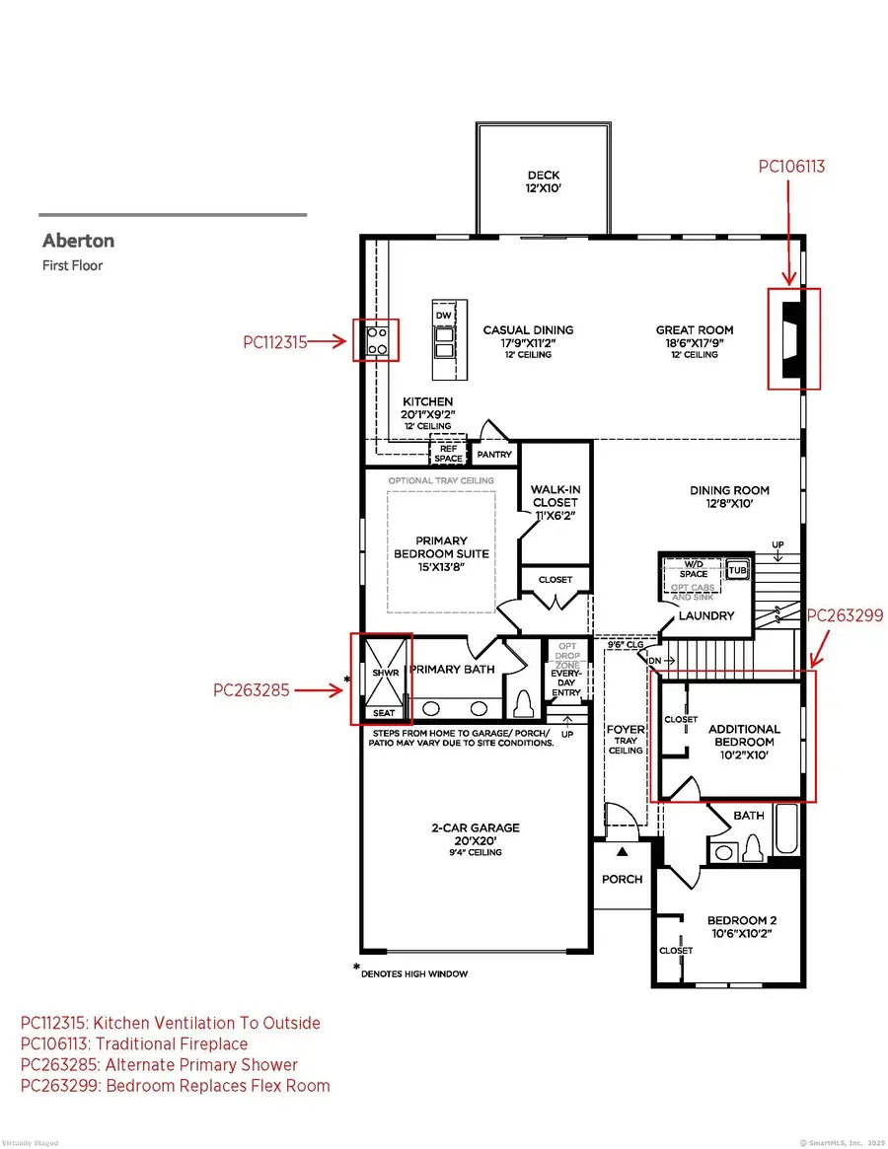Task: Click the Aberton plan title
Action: coord(78,241)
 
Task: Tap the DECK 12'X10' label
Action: coord(543,182)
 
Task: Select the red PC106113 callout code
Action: coord(791,168)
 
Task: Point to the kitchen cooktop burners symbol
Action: coord(377,340)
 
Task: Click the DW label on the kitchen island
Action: coord(444,315)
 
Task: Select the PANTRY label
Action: coord(493,455)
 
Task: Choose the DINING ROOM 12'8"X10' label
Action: coord(729,496)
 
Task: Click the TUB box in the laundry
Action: coord(738,570)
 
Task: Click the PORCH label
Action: coord(622,879)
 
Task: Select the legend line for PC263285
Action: coord(159,1064)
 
